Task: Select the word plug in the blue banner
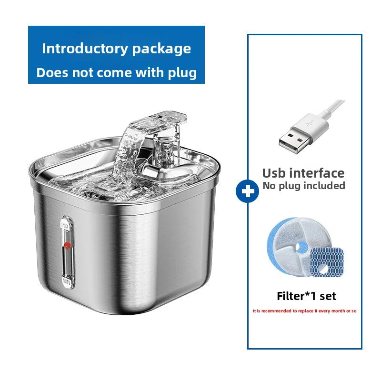point(181,73)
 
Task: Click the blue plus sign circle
point(247,191)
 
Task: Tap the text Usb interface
point(303,172)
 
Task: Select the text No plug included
point(303,186)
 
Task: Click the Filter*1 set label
point(306,296)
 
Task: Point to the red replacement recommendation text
point(305,311)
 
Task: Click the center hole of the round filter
point(301,247)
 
